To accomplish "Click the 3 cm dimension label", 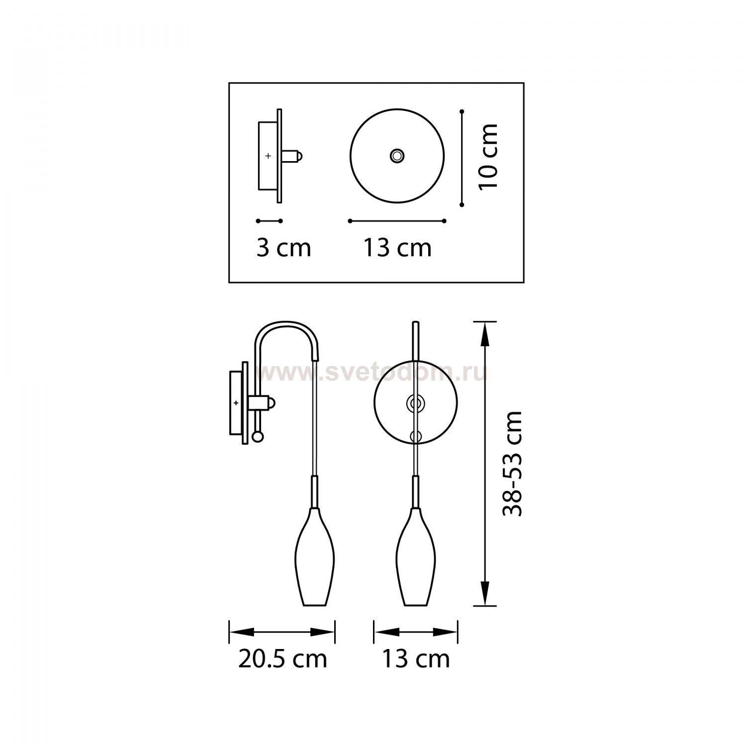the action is [283, 248].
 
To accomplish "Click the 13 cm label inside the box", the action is [397, 248].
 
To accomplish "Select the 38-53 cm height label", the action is [513, 464].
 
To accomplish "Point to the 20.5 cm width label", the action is [282, 659].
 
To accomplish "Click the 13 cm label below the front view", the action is [416, 659].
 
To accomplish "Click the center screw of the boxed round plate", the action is [397, 156].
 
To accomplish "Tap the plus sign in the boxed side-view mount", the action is [269, 156].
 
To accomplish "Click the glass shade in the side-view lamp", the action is [316, 557].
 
